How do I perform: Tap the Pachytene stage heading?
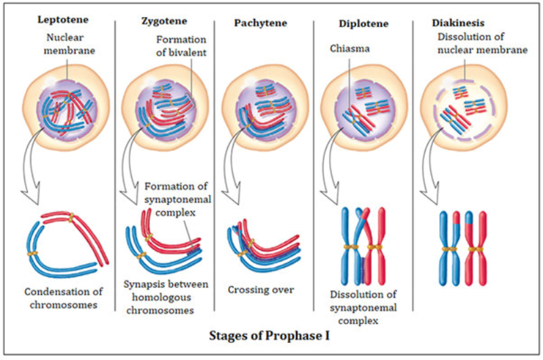(x=260, y=23)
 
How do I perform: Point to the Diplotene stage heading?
(x=363, y=24)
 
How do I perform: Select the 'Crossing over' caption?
(x=261, y=289)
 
